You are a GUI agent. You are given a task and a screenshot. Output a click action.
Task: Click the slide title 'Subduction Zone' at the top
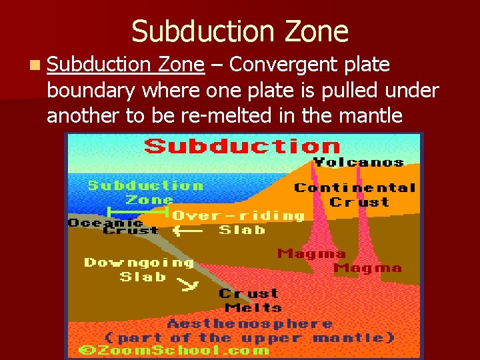[x=239, y=31]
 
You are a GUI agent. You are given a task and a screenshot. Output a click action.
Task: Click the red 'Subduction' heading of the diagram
[x=243, y=145]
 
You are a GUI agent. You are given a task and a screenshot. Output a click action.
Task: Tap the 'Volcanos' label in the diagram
[x=358, y=162]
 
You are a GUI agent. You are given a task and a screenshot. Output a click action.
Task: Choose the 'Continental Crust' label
[x=355, y=195]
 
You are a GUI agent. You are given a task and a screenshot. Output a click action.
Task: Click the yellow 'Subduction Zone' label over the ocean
[x=146, y=193]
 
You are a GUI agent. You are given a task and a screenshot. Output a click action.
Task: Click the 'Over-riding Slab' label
[x=239, y=223]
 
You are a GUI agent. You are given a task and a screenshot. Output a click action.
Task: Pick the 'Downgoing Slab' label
[x=139, y=269]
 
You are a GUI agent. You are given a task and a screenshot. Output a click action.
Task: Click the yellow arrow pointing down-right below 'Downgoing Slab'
[x=189, y=285]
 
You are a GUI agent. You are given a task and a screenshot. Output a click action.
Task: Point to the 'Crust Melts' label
[x=249, y=301]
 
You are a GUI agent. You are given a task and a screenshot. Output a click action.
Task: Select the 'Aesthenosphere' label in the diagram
[x=250, y=324]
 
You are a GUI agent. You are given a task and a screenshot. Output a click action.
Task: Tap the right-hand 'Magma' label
[x=367, y=268]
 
